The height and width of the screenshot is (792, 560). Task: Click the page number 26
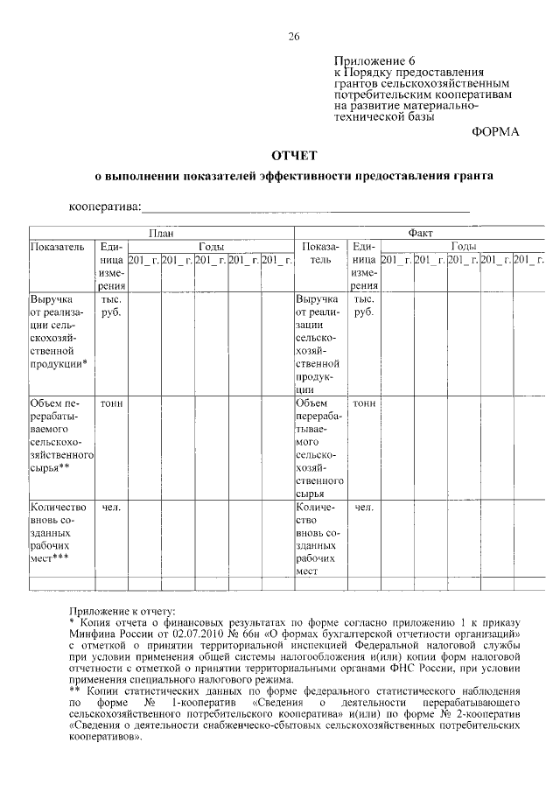[294, 36]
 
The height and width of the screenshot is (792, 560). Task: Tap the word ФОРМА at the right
[495, 131]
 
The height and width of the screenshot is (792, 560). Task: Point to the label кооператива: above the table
[105, 207]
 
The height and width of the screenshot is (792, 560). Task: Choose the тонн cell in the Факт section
[364, 403]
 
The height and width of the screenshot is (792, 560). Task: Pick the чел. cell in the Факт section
[364, 507]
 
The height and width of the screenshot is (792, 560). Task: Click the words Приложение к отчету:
[122, 610]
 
